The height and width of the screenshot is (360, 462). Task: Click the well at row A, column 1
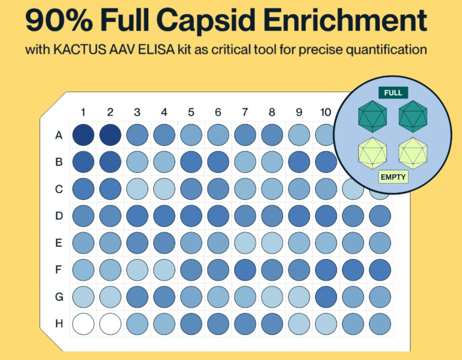pos(83,135)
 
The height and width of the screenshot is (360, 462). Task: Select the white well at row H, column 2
pos(110,324)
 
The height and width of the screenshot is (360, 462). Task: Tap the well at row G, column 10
pos(326,297)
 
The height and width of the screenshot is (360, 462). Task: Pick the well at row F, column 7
pos(245,270)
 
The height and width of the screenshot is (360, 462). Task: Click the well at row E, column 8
pos(272,243)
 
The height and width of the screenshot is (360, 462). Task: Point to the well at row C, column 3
pos(137,189)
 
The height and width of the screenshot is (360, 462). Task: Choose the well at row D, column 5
pos(191,216)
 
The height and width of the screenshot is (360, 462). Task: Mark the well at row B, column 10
pos(326,162)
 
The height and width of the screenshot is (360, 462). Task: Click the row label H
pos(59,324)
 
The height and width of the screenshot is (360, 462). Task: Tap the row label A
pos(59,135)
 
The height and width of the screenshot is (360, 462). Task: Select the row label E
pos(59,243)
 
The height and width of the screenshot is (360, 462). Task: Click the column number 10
pos(326,112)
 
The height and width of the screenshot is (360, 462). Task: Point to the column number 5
pos(191,112)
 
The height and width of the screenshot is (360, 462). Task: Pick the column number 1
pos(83,112)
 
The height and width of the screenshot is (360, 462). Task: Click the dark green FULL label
pos(393,92)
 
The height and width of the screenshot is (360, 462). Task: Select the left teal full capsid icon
pos(372,116)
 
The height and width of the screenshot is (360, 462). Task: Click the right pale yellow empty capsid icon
pos(413,153)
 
